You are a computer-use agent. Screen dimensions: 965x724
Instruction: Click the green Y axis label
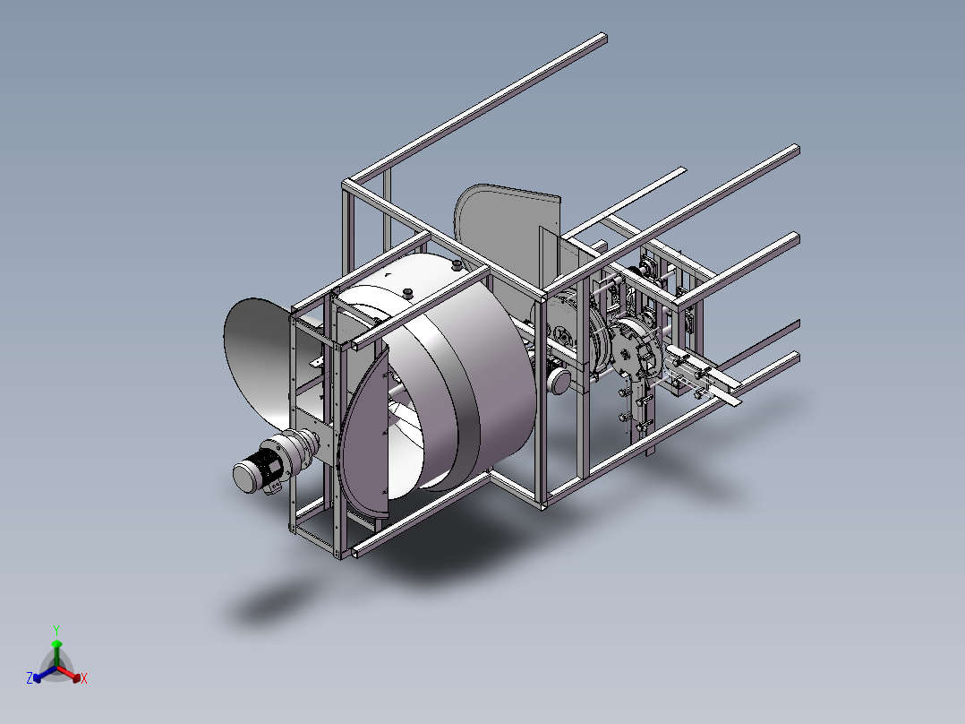[x=56, y=630]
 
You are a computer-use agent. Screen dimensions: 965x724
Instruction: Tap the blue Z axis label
[x=30, y=677]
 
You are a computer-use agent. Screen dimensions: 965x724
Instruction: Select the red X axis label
[x=84, y=678]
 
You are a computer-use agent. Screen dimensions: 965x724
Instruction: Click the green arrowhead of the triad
[x=56, y=644]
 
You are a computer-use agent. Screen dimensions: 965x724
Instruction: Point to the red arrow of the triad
[x=69, y=674]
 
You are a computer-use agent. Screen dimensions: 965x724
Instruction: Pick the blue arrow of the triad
[x=45, y=674]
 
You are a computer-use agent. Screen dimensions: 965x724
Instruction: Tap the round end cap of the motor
[x=245, y=478]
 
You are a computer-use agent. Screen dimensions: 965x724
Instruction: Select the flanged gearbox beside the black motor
[x=297, y=448]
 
